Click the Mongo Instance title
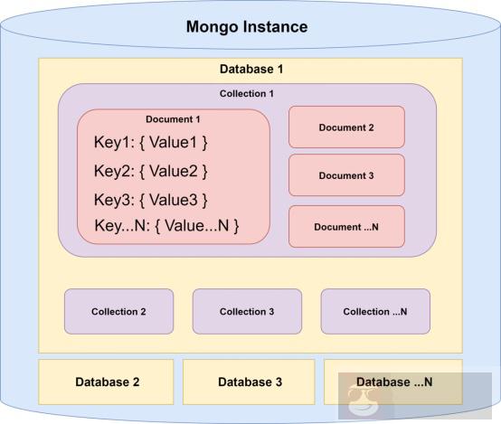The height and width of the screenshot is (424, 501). click(247, 26)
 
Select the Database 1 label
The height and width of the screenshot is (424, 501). click(250, 70)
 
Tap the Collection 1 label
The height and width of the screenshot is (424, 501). click(247, 94)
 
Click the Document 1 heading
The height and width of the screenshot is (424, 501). click(173, 119)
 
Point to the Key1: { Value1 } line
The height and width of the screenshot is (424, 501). click(151, 142)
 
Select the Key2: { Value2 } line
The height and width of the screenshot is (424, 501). click(151, 171)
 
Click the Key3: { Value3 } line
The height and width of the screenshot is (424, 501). click(151, 199)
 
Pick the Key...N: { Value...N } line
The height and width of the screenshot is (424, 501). click(166, 226)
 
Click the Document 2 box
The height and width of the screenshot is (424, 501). click(346, 127)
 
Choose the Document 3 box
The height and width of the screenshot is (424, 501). click(346, 175)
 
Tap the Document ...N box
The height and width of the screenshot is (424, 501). click(346, 226)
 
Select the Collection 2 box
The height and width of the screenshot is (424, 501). click(118, 312)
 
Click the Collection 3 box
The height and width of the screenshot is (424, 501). click(247, 312)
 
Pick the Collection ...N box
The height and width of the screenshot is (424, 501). click(375, 312)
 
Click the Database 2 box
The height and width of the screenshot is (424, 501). click(107, 382)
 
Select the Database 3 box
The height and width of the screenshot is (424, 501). click(250, 382)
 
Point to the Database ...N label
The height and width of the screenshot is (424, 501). click(394, 382)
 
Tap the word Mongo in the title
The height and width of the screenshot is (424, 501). click(213, 26)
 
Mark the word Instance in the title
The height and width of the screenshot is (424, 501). click(277, 26)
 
